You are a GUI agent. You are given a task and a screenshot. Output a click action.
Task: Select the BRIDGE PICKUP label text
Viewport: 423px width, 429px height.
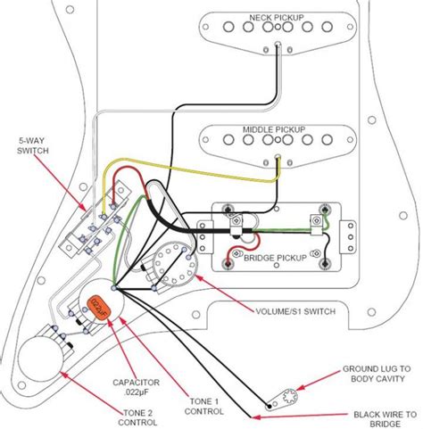[x=270, y=254]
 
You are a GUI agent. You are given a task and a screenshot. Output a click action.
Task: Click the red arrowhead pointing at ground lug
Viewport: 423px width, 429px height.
[x=301, y=389]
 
